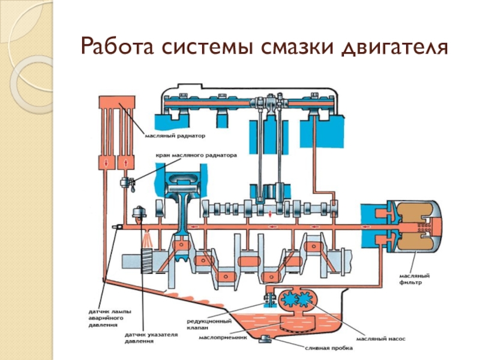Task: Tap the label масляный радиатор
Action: pyautogui.click(x=175, y=136)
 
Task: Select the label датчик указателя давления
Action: pyautogui.click(x=139, y=337)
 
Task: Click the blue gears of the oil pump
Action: pyautogui.click(x=294, y=301)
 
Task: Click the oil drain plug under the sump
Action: pyautogui.click(x=266, y=340)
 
